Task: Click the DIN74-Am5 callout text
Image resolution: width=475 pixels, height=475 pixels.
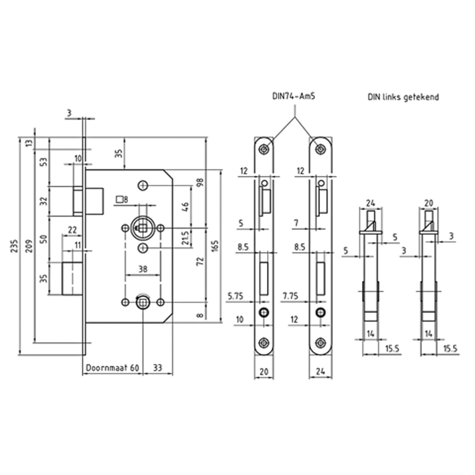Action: coord(294,96)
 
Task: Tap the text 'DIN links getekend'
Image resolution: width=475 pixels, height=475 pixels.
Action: coord(403,97)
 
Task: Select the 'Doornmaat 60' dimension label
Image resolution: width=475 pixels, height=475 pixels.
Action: coord(112,368)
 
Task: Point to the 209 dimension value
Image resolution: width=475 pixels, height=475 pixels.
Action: coord(29,247)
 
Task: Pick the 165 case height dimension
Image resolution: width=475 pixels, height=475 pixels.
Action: coord(215,247)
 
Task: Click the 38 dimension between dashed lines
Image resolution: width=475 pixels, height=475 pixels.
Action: coord(142,269)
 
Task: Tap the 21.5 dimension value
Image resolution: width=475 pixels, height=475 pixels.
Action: coord(185,238)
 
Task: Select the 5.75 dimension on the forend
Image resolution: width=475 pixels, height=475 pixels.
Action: coord(235,296)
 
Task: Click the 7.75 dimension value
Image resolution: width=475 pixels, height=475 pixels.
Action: coord(290,296)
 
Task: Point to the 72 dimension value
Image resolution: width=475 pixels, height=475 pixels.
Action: coord(200,262)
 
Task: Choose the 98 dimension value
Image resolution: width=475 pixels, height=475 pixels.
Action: coord(200,183)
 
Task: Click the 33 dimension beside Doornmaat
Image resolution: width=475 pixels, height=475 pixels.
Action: coord(157,368)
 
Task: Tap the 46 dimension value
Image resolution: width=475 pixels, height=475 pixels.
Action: coord(185,207)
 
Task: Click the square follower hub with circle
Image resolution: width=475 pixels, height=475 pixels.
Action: coord(143,228)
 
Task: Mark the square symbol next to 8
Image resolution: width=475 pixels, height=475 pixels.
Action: coord(120,199)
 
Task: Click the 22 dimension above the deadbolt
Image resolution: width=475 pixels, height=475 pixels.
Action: coord(72,230)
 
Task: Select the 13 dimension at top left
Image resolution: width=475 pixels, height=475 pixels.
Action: coord(29,143)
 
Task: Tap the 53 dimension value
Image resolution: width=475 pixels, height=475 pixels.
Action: coord(44,162)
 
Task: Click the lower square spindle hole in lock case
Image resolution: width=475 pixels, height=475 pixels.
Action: coord(142,302)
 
